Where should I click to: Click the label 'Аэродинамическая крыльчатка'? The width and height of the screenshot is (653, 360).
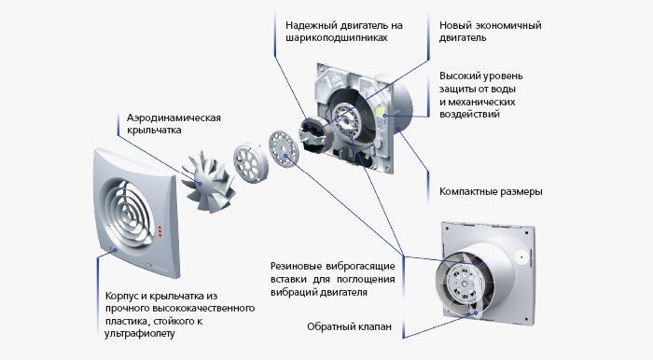tap(174, 124)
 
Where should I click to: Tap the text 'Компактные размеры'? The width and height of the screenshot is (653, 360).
tap(491, 191)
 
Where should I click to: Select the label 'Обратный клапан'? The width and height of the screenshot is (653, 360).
tap(350, 326)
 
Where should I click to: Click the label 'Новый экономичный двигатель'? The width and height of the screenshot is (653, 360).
tap(490, 31)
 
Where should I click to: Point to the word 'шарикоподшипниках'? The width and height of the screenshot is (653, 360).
tap(337, 38)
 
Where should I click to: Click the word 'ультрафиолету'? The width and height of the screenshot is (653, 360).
tap(140, 334)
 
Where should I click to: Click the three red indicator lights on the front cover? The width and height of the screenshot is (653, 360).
tap(160, 232)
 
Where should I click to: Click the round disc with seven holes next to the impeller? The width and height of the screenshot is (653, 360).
tap(250, 163)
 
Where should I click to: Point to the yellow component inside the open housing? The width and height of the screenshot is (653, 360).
tap(381, 112)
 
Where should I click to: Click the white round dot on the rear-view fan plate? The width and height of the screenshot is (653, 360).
tap(521, 256)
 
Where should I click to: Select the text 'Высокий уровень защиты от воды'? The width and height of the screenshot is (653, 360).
tap(481, 82)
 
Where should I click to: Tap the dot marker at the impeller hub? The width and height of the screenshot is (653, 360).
tap(200, 184)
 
